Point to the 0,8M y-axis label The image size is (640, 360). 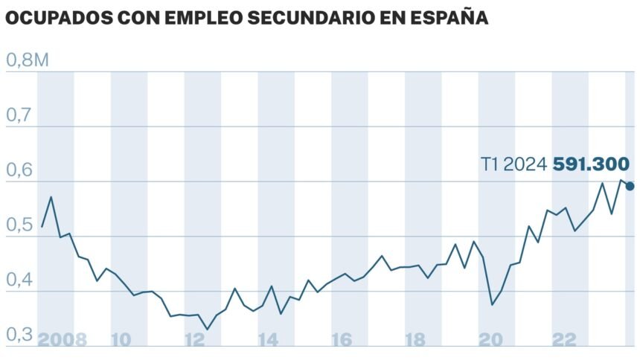point(28,61)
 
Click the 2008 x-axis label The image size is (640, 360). point(63,340)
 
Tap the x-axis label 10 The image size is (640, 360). point(121,340)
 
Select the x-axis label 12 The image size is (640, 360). point(194,340)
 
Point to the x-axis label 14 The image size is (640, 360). point(268,340)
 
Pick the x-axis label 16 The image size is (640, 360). point(342,340)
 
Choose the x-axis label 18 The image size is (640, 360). point(415,340)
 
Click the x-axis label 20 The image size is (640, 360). point(490,340)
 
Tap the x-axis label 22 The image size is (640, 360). point(564,340)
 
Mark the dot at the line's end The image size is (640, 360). point(630,186)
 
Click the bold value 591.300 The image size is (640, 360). point(592,164)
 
